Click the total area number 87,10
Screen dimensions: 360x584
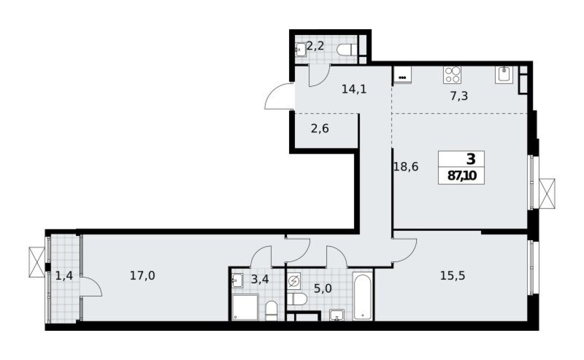[462, 176]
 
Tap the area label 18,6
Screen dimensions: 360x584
[406, 167]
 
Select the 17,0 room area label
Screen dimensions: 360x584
[142, 275]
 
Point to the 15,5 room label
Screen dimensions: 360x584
[452, 275]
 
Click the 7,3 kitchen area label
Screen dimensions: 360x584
[459, 96]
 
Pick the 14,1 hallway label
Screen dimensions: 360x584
[354, 89]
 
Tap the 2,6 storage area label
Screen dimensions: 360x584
[320, 129]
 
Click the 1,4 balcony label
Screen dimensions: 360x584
[64, 275]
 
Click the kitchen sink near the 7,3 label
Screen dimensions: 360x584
[504, 75]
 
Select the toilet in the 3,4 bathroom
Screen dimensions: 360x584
[271, 311]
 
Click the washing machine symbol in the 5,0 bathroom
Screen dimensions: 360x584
[294, 282]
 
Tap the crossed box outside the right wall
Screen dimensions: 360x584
[547, 193]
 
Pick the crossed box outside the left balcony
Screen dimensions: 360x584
[36, 262]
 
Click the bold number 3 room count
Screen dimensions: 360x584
[471, 159]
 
